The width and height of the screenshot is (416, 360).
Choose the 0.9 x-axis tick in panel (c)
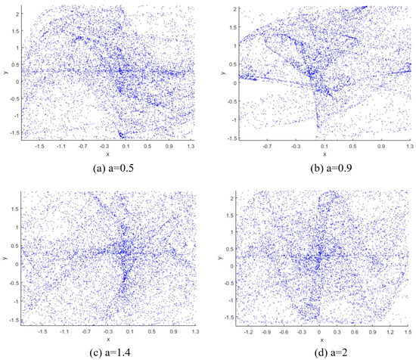(172, 331)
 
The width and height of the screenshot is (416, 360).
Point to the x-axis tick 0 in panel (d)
(320, 331)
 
